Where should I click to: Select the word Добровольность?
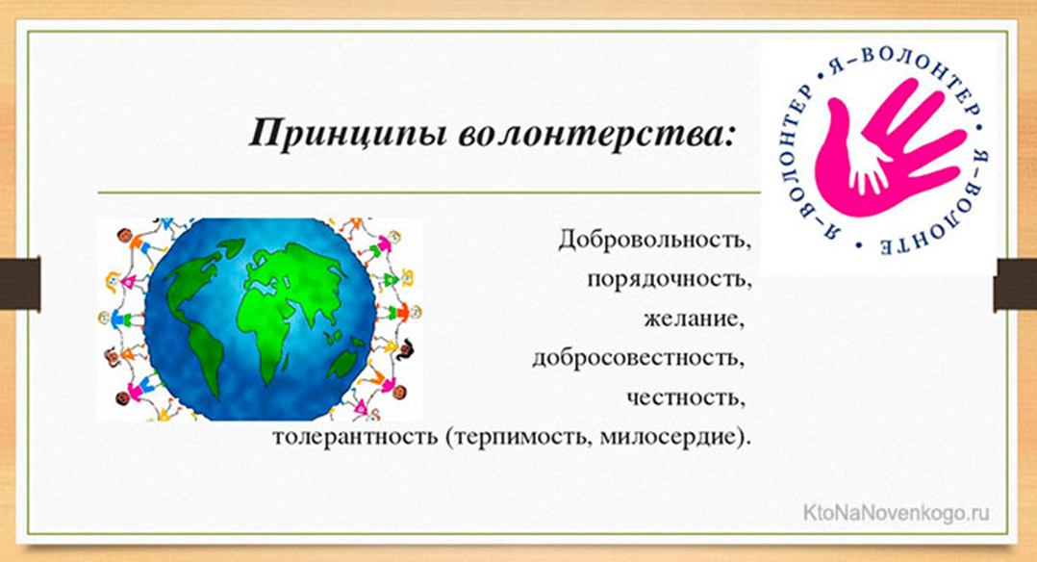655,240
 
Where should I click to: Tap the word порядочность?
670,279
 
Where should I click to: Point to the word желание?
694,319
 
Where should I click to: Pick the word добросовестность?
639,358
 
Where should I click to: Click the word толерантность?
354,437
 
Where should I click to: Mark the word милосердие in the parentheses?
670,438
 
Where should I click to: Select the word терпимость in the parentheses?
518,438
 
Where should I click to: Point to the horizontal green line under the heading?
429,192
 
